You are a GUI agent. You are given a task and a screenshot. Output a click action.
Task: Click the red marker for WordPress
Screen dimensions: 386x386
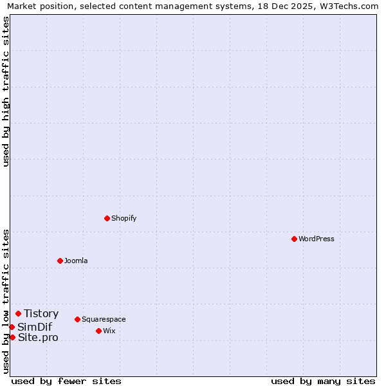pos(294,239)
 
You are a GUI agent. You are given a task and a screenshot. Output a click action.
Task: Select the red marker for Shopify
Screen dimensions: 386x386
pos(107,218)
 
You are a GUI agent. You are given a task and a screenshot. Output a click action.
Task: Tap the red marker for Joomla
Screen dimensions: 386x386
pos(60,261)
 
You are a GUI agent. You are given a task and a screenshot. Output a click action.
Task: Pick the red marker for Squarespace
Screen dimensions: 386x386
pos(77,319)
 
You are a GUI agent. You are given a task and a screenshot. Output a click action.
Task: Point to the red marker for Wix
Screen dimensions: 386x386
pos(98,331)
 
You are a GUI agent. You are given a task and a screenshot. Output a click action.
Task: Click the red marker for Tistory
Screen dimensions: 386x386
pos(18,314)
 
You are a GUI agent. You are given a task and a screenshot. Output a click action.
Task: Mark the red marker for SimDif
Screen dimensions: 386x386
pos(12,327)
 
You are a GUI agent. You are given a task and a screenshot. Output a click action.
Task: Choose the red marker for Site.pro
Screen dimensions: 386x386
pos(12,337)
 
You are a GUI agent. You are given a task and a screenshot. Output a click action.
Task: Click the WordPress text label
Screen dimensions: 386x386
pos(317,239)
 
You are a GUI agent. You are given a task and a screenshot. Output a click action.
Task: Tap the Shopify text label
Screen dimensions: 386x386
pos(124,218)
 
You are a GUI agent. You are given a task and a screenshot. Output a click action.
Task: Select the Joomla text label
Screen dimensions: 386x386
pos(76,261)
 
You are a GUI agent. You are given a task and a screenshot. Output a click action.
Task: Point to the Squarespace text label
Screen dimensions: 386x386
pos(104,319)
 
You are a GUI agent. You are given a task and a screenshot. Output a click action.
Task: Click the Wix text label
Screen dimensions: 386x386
pos(109,331)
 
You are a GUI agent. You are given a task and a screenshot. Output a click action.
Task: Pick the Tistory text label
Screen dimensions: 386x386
pos(41,314)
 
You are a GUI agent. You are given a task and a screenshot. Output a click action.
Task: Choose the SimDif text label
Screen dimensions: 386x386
pos(35,327)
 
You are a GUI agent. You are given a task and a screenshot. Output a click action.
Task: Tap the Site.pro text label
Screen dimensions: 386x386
pos(38,337)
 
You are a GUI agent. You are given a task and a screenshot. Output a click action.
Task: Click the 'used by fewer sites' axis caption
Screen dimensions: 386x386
pos(66,381)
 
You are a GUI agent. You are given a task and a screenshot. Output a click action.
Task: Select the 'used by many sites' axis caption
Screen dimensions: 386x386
pos(323,381)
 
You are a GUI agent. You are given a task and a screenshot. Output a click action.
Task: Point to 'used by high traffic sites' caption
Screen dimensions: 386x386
pos(6,92)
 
